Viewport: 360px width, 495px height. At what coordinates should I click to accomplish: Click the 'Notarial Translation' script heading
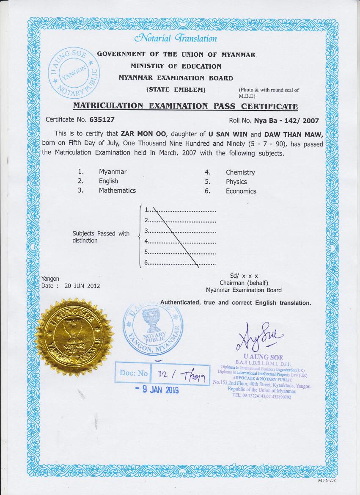(175, 39)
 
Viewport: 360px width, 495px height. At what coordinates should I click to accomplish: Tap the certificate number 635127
(102, 120)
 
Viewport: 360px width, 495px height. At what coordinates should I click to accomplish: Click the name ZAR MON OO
(144, 135)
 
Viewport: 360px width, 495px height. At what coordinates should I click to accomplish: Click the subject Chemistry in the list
(240, 172)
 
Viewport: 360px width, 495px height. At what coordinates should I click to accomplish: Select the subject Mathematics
(117, 191)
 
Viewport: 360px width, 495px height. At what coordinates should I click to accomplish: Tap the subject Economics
(241, 191)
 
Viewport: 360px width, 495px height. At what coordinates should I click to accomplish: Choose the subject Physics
(236, 182)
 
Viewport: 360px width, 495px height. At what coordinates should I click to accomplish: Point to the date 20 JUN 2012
(82, 286)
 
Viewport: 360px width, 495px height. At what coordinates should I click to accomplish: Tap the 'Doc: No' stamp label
(134, 373)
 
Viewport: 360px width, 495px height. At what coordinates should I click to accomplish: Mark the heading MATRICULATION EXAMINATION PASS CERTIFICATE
(185, 106)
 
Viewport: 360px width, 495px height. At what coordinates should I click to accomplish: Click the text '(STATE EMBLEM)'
(176, 90)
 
